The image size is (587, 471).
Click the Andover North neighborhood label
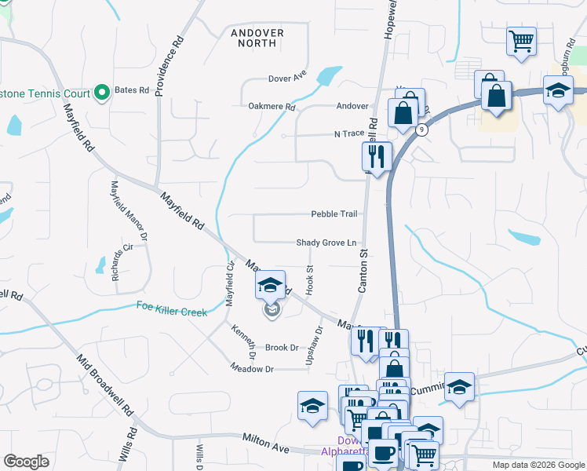pos(258,37)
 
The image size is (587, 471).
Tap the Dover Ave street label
pos(287,78)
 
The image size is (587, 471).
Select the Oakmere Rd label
pos(272,106)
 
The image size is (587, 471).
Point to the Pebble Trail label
pos(334,214)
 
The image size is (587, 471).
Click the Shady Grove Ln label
pos(326,243)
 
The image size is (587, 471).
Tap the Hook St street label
pos(310,280)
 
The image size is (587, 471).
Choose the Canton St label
pos(363,272)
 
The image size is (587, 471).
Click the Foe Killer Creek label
pos(172,309)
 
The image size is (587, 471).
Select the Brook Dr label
pos(282,347)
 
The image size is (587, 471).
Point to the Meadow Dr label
pos(252,368)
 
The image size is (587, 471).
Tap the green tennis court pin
pos(101,93)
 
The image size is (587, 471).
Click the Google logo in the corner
pos(27,462)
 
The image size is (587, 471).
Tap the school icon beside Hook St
pos(269,287)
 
